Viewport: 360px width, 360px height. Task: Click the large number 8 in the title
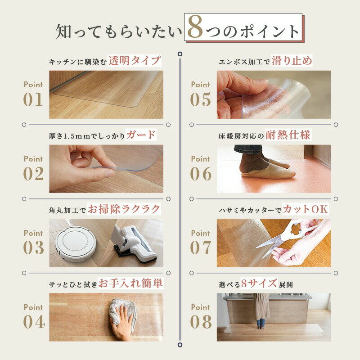(x=195, y=27)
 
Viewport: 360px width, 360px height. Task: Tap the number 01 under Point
(x=33, y=99)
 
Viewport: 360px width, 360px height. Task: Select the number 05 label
(x=200, y=99)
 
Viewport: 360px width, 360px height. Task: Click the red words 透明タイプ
(x=135, y=61)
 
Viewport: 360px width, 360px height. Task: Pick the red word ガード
(x=141, y=135)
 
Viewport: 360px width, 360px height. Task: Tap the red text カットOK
(x=305, y=209)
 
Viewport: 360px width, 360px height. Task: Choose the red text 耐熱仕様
(x=288, y=135)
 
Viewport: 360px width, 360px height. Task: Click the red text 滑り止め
(x=292, y=61)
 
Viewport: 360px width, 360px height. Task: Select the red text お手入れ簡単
(x=130, y=283)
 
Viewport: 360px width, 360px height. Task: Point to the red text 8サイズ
(x=259, y=283)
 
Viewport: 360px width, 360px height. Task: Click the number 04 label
(x=34, y=322)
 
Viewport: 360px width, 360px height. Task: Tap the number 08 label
(x=201, y=322)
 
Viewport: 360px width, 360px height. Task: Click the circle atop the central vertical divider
(x=180, y=54)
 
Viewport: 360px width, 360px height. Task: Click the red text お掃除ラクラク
(x=124, y=209)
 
